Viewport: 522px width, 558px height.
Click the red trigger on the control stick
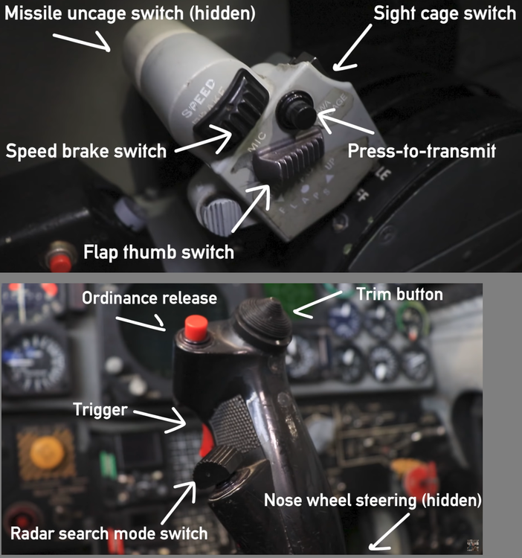point(206,440)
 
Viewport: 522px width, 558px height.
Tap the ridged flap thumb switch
point(289,154)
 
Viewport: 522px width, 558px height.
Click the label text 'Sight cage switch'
point(445,13)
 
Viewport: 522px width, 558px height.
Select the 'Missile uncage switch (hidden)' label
point(130,13)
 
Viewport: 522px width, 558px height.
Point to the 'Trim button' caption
point(399,295)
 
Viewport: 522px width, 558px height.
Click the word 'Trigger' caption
point(100,410)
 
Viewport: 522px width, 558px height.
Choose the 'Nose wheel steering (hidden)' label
point(373,500)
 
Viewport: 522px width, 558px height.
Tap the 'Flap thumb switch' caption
point(158,252)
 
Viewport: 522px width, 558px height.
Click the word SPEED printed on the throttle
point(199,98)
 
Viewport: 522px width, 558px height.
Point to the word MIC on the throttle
point(257,141)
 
